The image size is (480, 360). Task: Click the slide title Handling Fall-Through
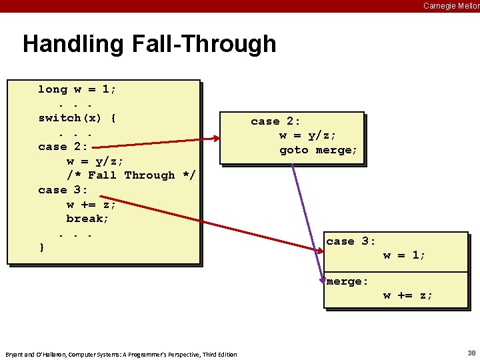coord(149,44)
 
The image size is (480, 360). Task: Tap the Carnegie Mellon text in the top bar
coord(451,6)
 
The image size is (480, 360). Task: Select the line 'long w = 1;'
coord(77,89)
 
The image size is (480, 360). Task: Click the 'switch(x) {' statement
coord(77,118)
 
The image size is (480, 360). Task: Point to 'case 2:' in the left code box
coord(62,147)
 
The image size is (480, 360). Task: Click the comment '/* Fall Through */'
coord(131,175)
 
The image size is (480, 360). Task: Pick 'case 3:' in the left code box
coord(62,190)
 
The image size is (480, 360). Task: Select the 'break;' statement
coord(87,219)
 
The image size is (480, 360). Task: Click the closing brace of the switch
coord(42,247)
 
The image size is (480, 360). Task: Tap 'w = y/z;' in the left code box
coord(95,161)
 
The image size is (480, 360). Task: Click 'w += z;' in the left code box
coord(91,205)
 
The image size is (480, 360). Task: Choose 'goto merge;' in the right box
coord(319,150)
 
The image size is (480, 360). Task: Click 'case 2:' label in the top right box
coord(275,121)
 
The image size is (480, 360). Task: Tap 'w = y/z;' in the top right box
coord(307,136)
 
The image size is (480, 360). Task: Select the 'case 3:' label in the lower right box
coord(351,241)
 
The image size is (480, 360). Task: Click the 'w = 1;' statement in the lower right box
coord(404,255)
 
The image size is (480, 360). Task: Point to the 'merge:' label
coord(347,281)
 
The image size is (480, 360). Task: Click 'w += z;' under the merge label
coord(407,295)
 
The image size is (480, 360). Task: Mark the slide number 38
coord(471,353)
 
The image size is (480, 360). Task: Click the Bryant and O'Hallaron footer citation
coord(121,354)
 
